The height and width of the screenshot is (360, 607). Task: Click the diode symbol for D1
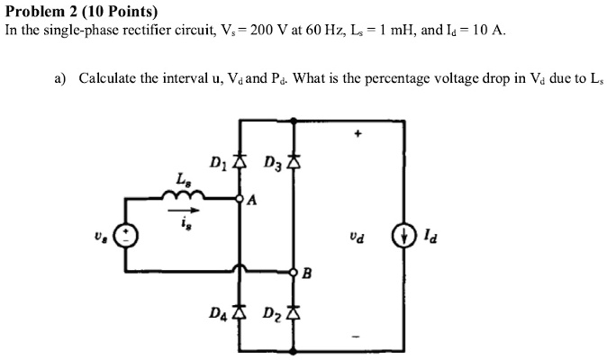(240, 164)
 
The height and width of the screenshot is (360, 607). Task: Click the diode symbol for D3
(293, 164)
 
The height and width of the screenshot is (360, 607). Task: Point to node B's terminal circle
(293, 271)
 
